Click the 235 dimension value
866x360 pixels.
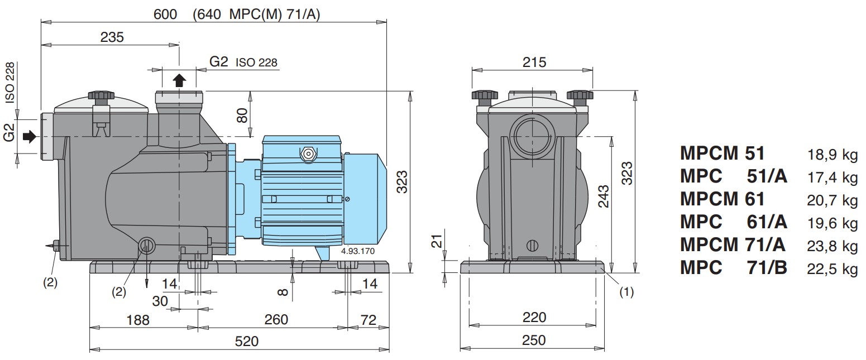(112, 37)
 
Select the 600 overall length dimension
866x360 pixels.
(165, 15)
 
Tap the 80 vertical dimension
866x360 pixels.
(242, 115)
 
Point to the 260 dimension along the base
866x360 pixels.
(276, 319)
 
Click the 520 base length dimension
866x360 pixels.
(247, 341)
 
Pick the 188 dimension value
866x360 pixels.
(138, 320)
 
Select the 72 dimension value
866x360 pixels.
(368, 320)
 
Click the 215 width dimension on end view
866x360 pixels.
(534, 62)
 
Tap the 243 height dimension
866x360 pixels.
(604, 196)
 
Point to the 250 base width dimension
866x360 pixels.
(534, 340)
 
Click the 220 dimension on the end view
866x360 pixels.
(534, 317)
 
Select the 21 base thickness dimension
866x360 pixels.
(437, 241)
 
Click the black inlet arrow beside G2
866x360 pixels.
(30, 136)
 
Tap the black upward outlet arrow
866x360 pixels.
(179, 80)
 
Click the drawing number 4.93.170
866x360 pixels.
(358, 251)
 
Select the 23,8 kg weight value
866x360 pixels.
(832, 246)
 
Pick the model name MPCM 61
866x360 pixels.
(723, 199)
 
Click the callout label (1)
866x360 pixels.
(626, 292)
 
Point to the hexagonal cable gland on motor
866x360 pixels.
(308, 154)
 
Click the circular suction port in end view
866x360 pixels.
(532, 136)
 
